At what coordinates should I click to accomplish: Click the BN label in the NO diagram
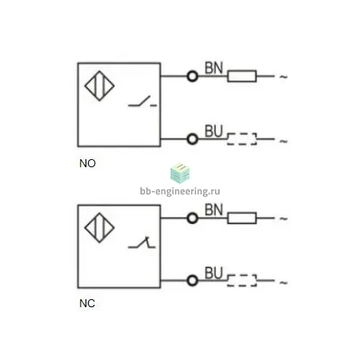click(214, 68)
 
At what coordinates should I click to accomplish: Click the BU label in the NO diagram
click(214, 131)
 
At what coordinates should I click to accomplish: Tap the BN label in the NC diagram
click(214, 210)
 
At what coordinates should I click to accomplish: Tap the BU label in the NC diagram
click(214, 273)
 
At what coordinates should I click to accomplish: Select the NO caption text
click(87, 163)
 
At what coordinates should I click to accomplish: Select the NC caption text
click(87, 303)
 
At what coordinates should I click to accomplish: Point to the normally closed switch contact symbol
click(142, 242)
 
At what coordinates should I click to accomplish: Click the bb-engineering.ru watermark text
click(180, 191)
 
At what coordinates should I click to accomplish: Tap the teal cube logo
click(180, 174)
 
